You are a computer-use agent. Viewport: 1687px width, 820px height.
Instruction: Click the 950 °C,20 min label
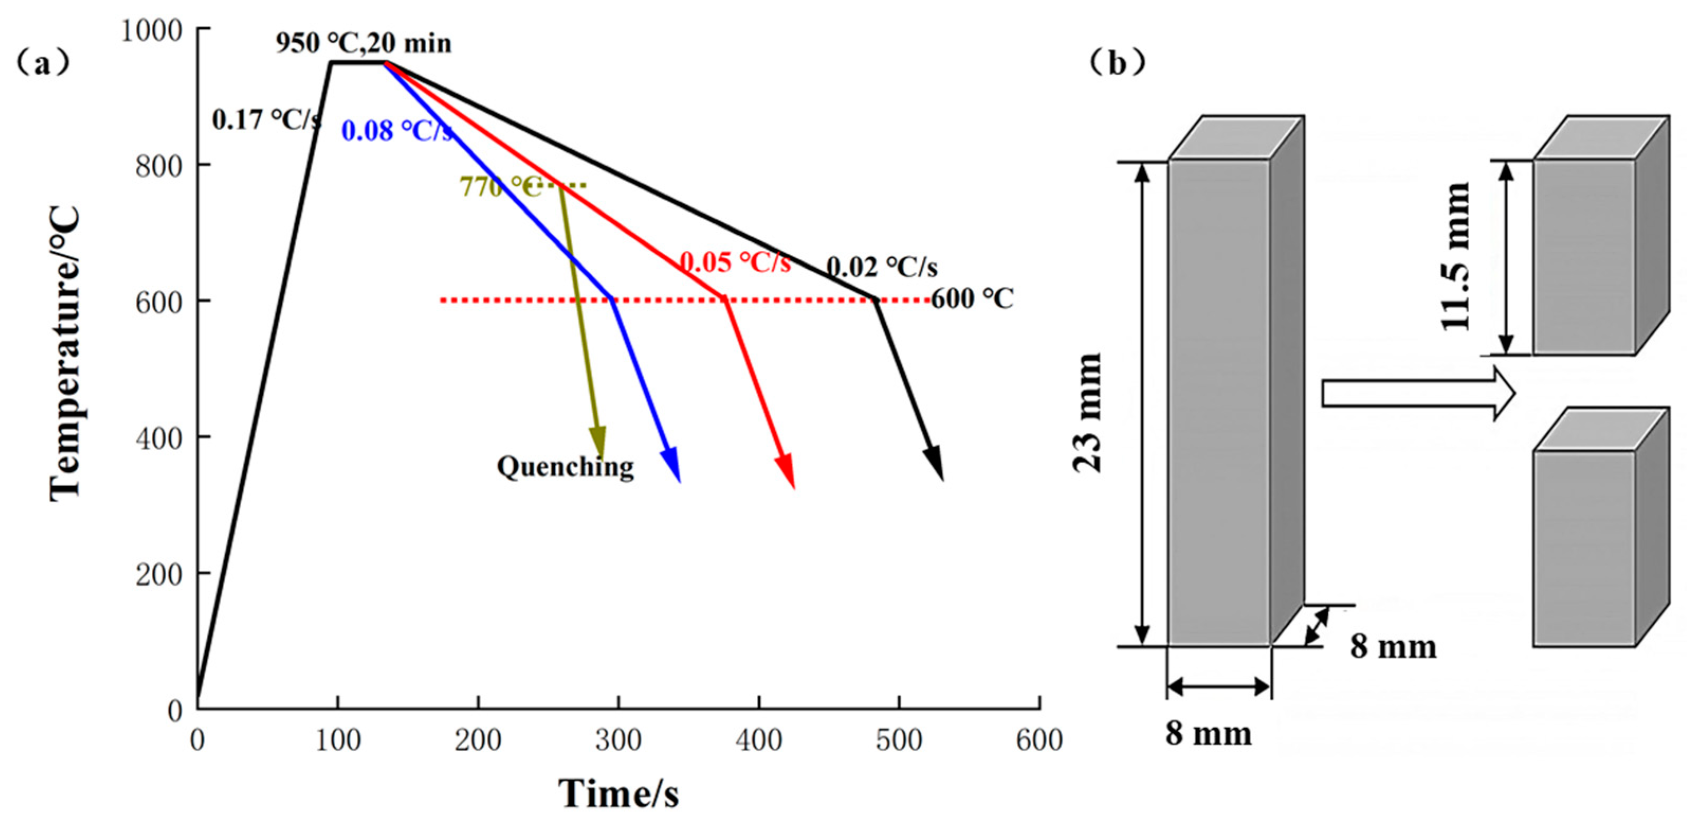[x=363, y=43]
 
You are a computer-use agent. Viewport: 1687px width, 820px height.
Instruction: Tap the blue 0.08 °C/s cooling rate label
[x=397, y=131]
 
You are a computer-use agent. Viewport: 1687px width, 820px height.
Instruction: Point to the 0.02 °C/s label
[x=882, y=267]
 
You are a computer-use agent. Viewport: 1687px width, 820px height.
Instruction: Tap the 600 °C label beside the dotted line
[x=972, y=299]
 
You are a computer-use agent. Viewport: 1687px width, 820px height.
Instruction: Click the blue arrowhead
[x=672, y=466]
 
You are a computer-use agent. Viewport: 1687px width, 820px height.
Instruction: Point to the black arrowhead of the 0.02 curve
[x=934, y=464]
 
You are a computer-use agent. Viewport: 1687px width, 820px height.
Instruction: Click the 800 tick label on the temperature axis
[x=159, y=166]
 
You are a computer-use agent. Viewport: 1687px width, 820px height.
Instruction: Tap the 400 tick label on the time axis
[x=758, y=741]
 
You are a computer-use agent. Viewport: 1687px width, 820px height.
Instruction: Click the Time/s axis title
[x=618, y=794]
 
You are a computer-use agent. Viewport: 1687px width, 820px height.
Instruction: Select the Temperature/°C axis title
[x=65, y=354]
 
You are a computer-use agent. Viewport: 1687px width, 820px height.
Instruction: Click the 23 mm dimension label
[x=1088, y=413]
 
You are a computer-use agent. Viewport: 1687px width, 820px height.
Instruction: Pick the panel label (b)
[x=1117, y=63]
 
